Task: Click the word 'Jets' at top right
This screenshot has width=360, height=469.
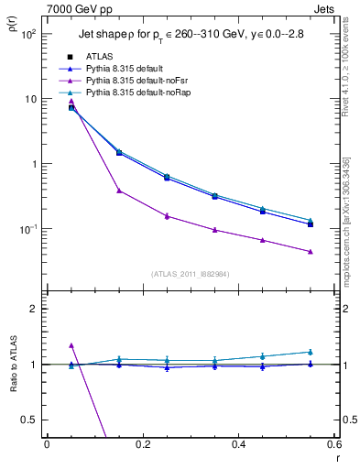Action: coord(326,7)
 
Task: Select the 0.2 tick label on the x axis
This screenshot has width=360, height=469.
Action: coord(142,444)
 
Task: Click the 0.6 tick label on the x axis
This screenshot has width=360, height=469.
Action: coord(334,444)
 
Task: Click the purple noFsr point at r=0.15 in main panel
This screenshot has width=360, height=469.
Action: coord(119,191)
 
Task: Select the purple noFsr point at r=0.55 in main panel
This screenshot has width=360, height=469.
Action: coord(311,252)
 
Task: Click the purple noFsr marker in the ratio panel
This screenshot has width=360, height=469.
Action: coord(71,345)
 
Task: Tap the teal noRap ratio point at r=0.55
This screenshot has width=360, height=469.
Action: coord(311,352)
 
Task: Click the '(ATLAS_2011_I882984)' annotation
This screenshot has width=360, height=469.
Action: coord(190,274)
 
